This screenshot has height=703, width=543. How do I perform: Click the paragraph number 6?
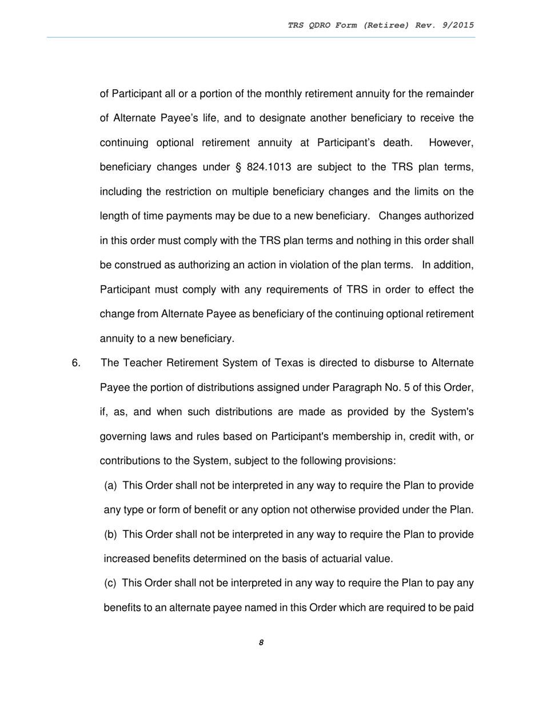[x=77, y=363]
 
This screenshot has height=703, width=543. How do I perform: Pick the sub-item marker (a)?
[x=111, y=485]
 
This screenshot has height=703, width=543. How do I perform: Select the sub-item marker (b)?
[x=111, y=534]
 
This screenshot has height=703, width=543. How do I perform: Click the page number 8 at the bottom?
[x=261, y=642]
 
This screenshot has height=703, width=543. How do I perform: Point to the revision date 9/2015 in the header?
[x=456, y=25]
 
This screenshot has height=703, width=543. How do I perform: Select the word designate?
[x=284, y=118]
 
